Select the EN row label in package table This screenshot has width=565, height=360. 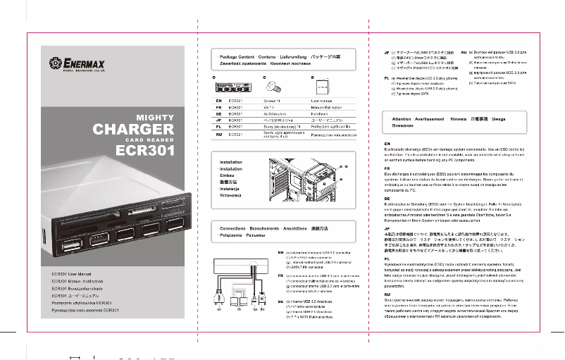point(218,101)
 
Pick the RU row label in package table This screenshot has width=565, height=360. point(218,133)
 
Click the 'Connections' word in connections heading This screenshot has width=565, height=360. point(232,229)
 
